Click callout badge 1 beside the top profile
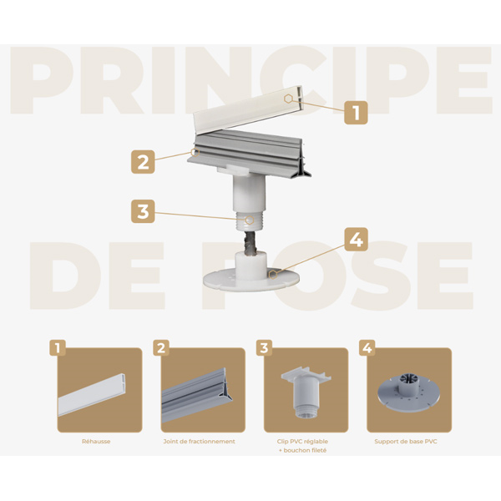coord(356,111)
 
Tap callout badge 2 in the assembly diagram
coord(143,162)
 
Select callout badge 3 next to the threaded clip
coord(143,211)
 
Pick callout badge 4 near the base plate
coord(356,239)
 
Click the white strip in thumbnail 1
coord(94,393)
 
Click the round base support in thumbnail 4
coord(409,392)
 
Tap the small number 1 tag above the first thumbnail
coord(58,347)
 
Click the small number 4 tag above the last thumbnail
coord(366,347)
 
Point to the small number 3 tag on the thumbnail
coord(263,347)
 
